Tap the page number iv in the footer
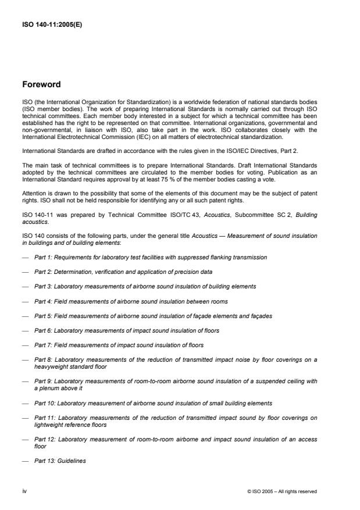tap(25, 491)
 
